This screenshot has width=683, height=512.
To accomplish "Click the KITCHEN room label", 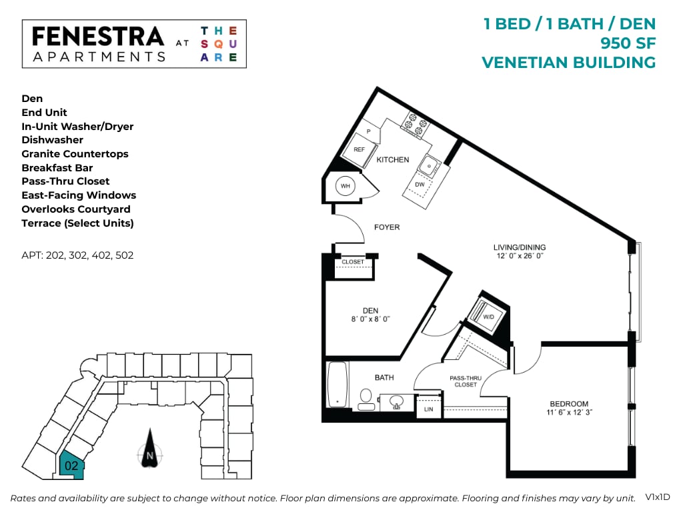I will tap(393, 160).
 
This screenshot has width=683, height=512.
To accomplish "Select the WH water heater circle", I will tap(346, 186).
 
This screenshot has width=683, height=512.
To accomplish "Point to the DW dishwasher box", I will tap(420, 185).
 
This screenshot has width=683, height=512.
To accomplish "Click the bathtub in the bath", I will tap(337, 385).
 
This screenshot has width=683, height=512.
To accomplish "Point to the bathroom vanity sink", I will tap(396, 401).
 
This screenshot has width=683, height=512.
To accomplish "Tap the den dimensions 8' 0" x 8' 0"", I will tap(371, 319).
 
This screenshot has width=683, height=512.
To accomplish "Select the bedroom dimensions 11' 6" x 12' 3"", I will tap(569, 413).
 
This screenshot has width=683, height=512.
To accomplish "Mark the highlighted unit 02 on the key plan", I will tap(71, 464).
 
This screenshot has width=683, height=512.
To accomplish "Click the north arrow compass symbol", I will tap(149, 453).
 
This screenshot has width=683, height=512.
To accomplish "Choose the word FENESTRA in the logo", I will tap(97, 36).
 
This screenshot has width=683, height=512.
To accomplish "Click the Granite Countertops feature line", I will tap(75, 154).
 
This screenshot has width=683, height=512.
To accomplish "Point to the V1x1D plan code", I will tap(656, 497).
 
